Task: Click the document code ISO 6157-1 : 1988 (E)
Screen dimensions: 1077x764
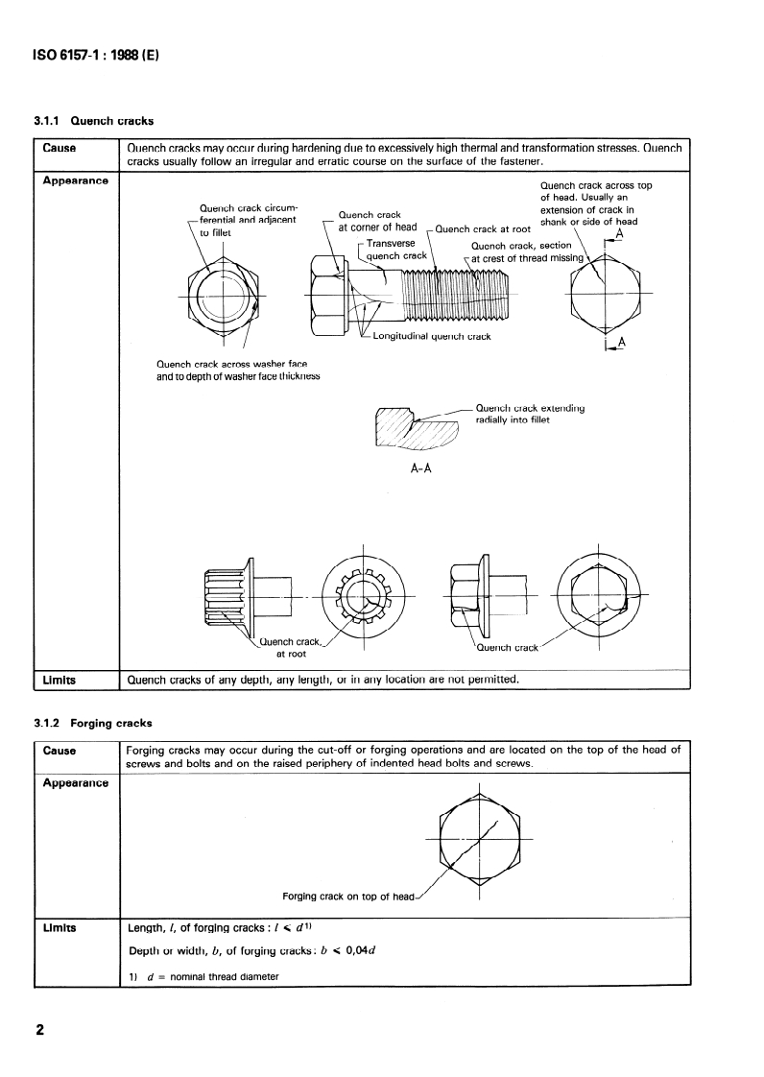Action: (96, 56)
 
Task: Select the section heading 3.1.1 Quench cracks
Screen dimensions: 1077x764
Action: (94, 122)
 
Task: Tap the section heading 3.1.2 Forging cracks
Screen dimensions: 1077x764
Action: (94, 722)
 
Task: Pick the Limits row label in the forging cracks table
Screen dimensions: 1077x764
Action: (60, 929)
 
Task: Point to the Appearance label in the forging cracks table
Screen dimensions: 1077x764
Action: (75, 782)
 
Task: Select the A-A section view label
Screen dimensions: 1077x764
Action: (420, 469)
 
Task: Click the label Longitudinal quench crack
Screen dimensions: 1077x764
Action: (431, 337)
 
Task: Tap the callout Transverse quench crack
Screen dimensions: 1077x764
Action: (396, 250)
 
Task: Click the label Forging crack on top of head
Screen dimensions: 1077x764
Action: (348, 897)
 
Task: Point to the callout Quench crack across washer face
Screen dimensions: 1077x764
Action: (237, 371)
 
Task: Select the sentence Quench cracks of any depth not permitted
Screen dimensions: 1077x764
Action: (323, 680)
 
